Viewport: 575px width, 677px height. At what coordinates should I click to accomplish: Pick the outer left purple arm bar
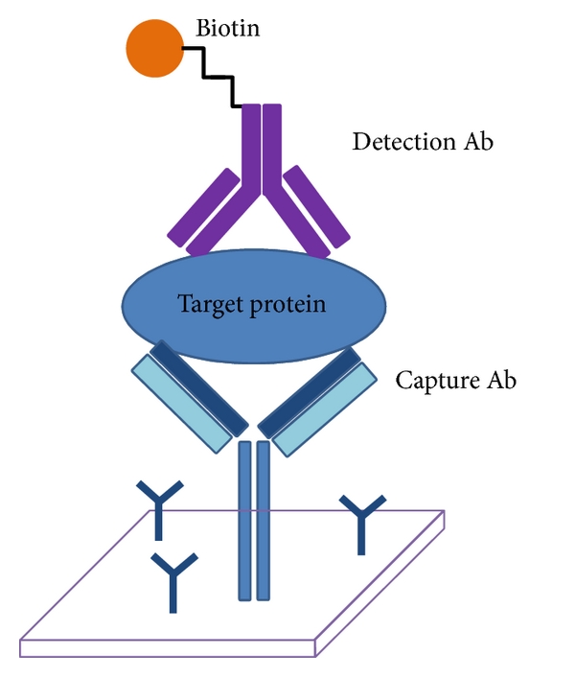(x=202, y=205)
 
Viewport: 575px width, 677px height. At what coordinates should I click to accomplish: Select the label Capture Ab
(x=456, y=381)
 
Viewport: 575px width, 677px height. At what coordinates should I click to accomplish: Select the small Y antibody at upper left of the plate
(x=158, y=507)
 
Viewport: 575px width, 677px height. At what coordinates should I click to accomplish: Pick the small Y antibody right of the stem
(x=363, y=522)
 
